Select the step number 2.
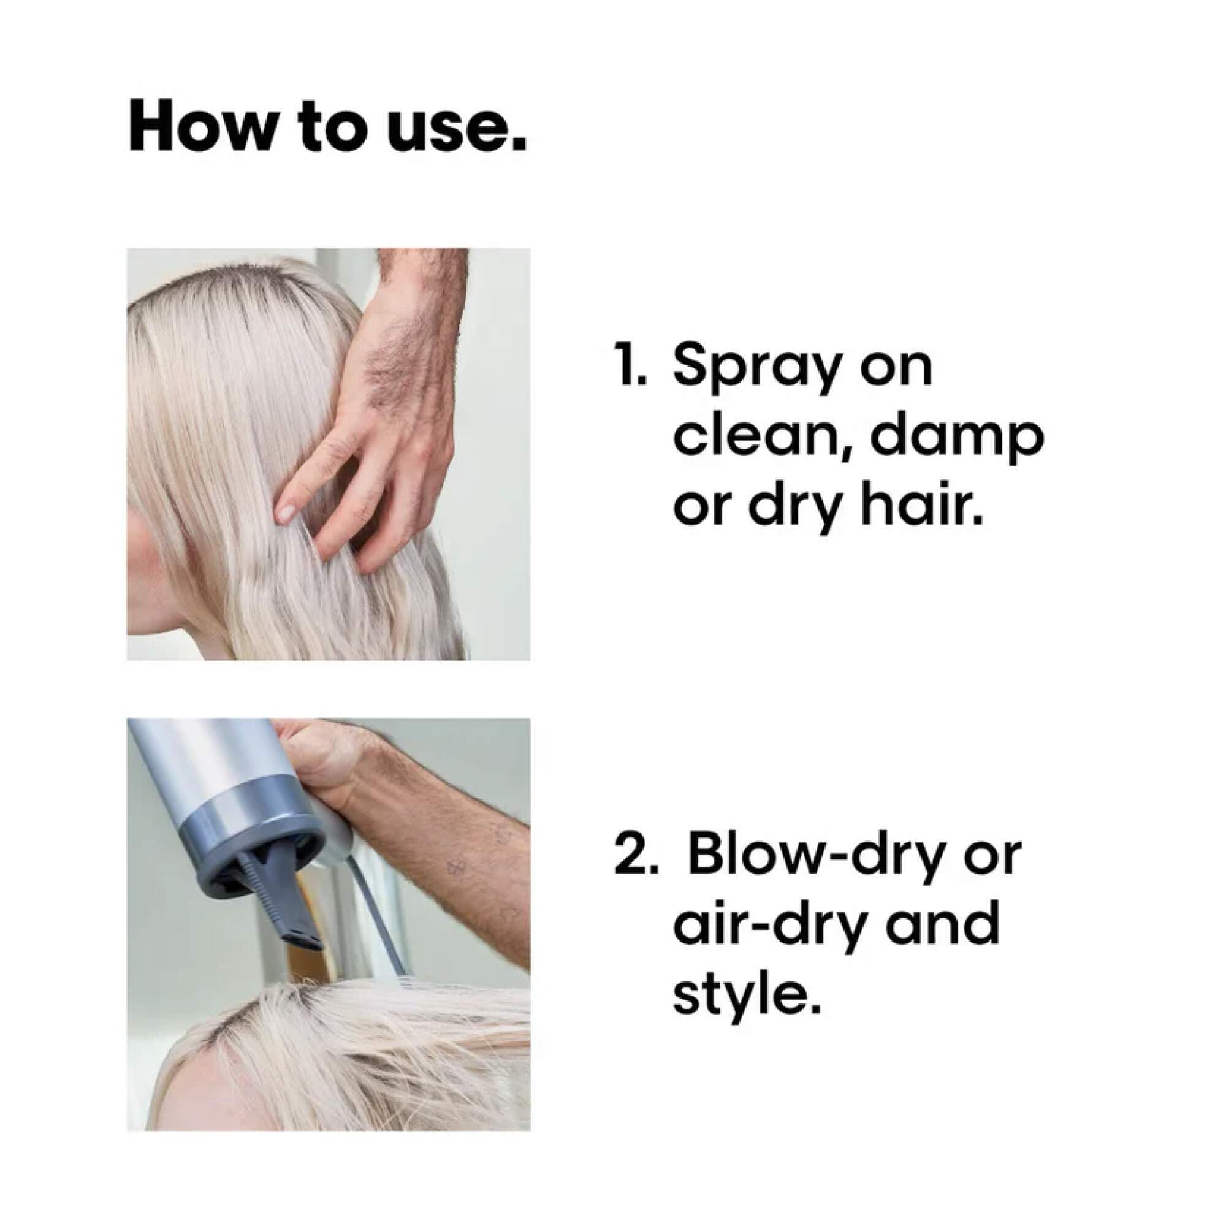631,855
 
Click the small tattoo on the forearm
454,867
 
